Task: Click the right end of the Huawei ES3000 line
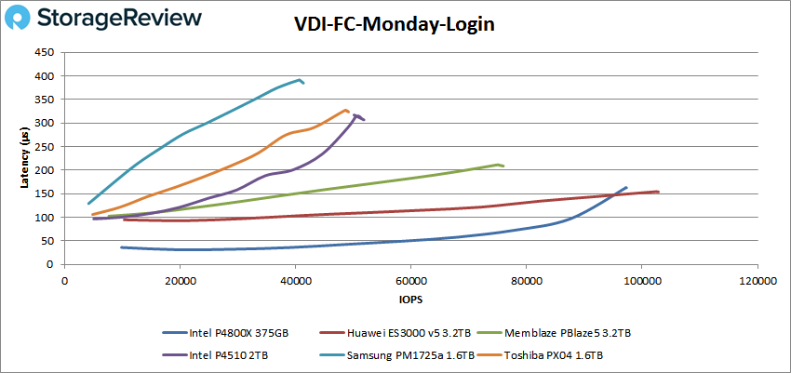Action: click(659, 192)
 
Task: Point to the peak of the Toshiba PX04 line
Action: click(345, 110)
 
